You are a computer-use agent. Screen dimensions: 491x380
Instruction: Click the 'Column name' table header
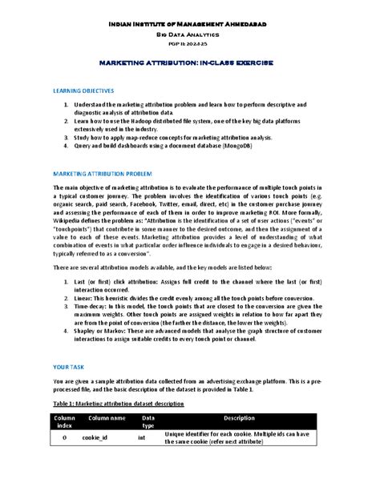click(107, 418)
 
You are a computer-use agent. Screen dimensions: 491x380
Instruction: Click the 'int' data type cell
click(142, 438)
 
